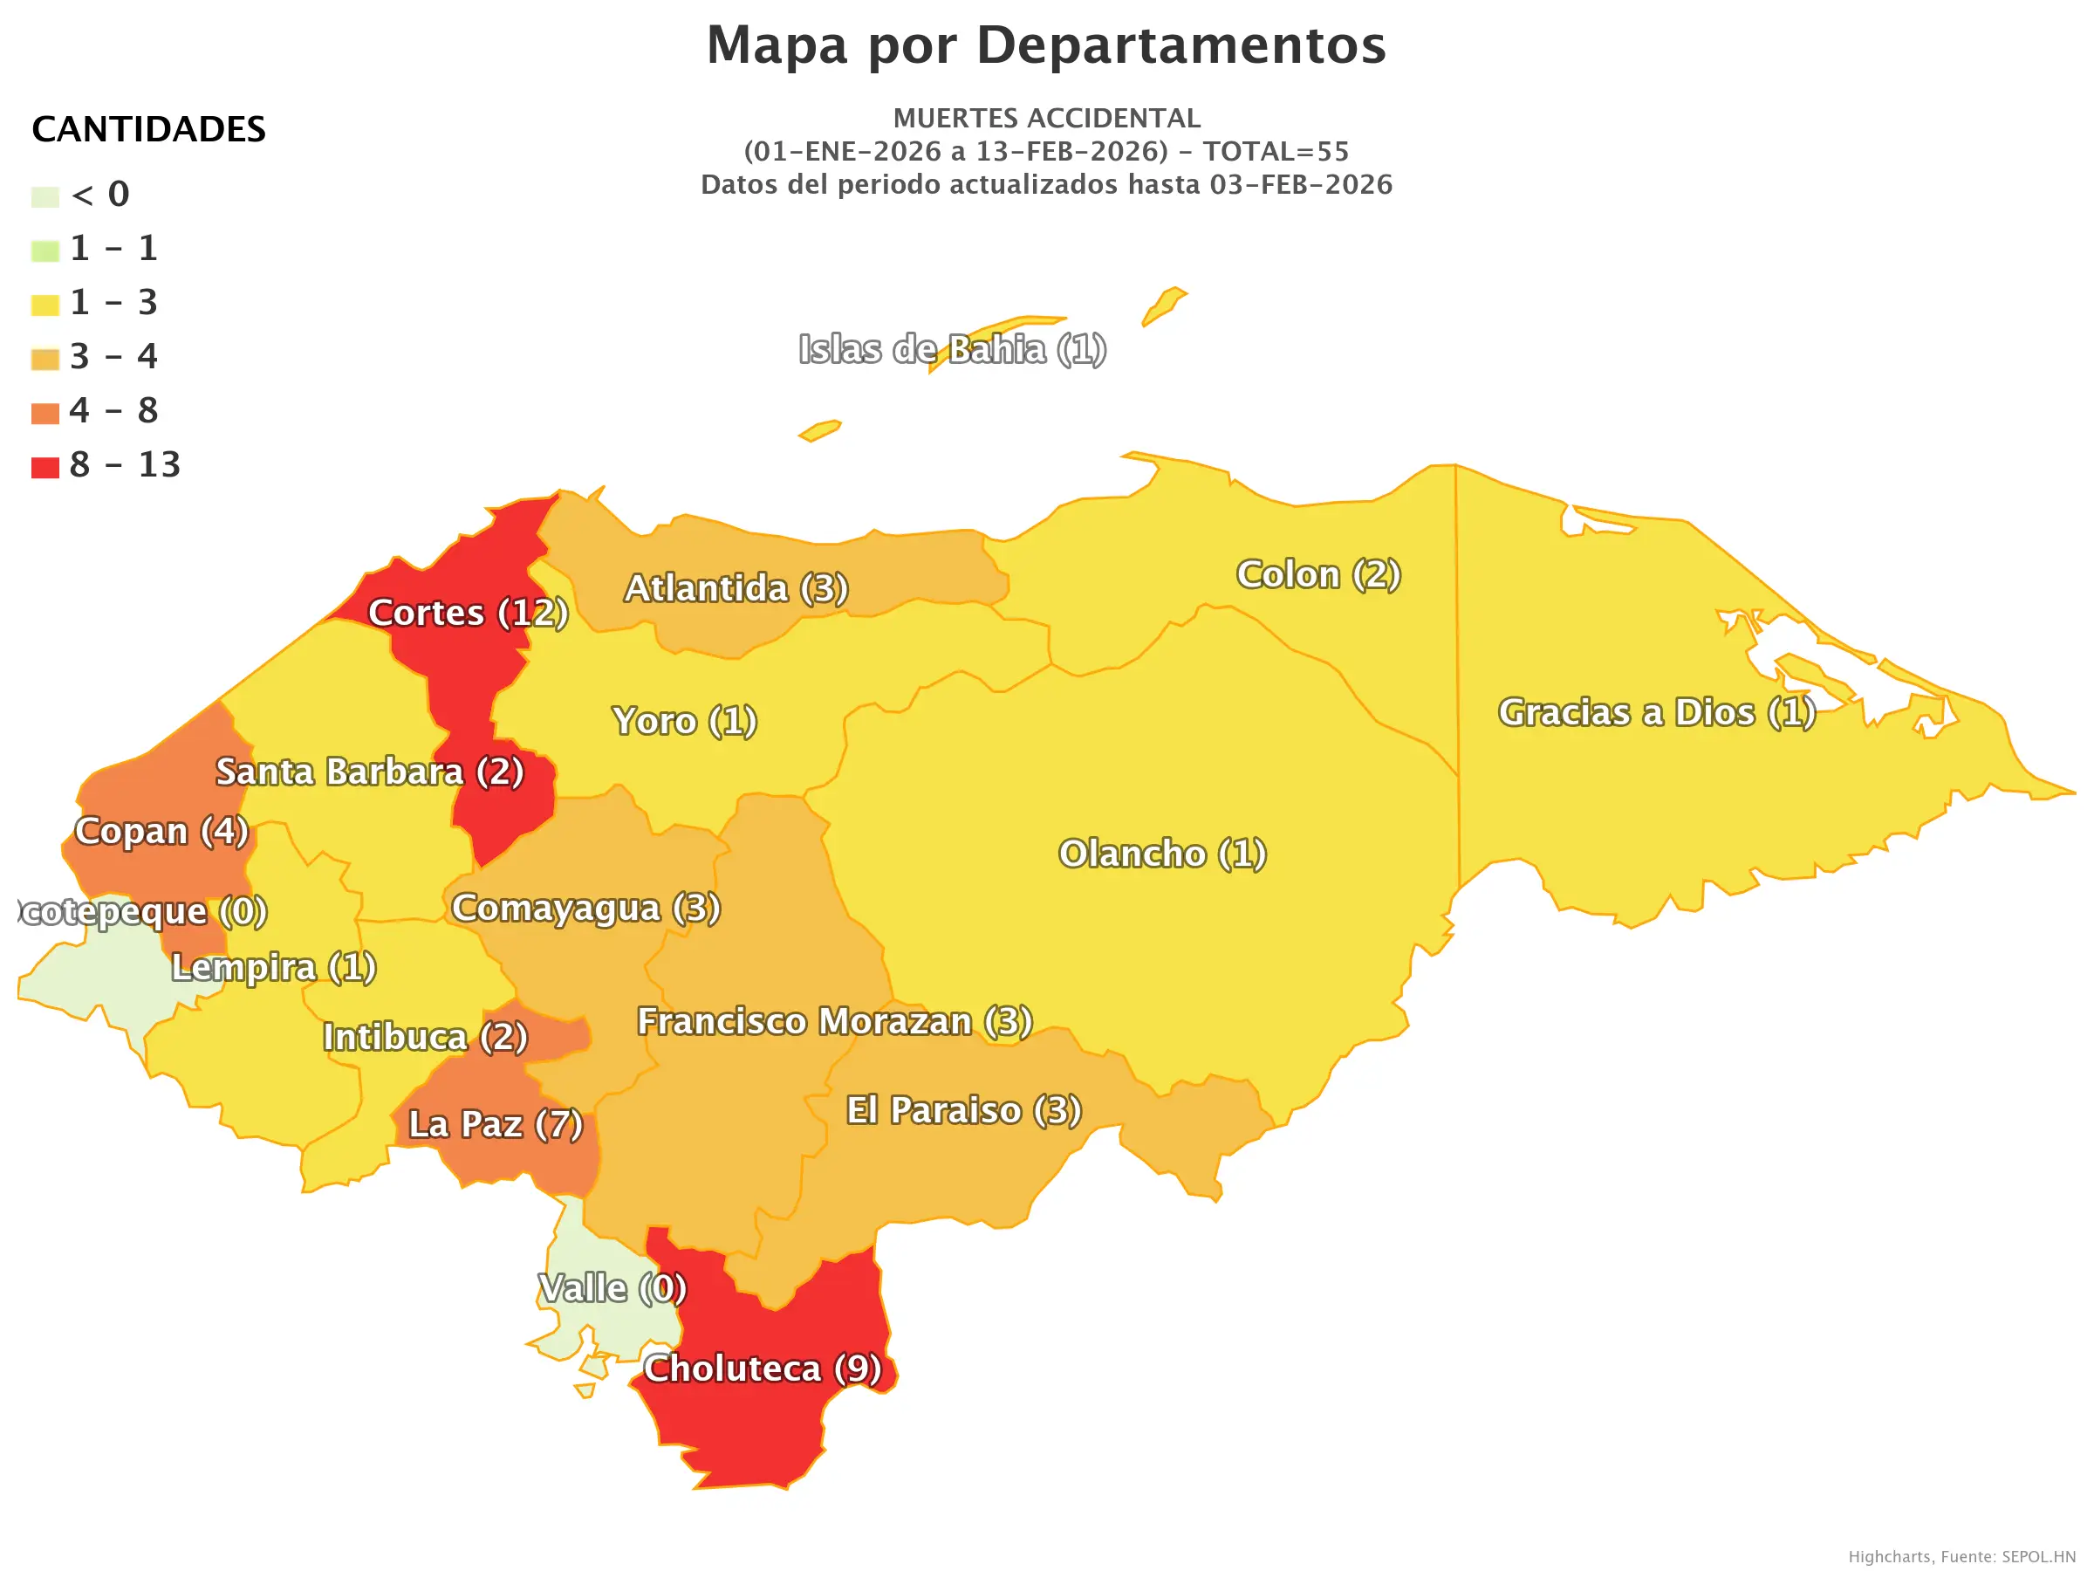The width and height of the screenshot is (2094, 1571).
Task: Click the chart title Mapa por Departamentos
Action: coord(1046,45)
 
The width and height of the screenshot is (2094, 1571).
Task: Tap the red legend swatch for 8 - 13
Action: coord(44,467)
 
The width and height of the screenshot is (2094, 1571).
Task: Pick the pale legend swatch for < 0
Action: coord(44,197)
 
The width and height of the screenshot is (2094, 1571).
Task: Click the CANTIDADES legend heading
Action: coord(148,130)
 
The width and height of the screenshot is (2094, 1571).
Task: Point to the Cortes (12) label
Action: coord(468,613)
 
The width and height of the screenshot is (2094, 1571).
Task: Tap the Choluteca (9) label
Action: coord(762,1369)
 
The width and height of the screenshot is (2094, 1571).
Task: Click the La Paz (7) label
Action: coord(495,1125)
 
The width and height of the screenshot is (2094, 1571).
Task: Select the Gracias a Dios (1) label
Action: coord(1657,713)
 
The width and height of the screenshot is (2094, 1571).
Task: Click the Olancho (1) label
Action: coord(1161,854)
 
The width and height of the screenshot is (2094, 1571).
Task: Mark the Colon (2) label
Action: coord(1318,575)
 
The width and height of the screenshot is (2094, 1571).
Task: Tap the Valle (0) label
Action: coord(612,1289)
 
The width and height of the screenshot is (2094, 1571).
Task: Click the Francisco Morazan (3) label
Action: coord(834,1022)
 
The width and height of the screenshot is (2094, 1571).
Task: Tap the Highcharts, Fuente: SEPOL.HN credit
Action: coord(1961,1557)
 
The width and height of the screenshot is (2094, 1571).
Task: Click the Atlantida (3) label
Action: coord(736,589)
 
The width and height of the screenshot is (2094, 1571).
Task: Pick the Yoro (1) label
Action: coord(684,722)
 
